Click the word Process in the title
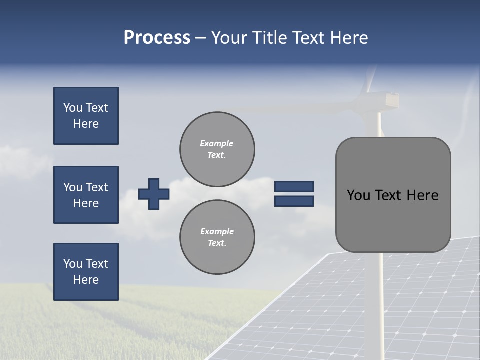pos(157,38)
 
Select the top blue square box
pos(86,116)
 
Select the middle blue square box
pos(86,195)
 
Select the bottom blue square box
pos(86,272)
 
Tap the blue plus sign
pos(154,194)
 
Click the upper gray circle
pos(217,149)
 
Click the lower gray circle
pos(217,237)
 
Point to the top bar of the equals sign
pos(294,186)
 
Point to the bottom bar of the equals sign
pos(294,201)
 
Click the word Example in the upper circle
pos(217,143)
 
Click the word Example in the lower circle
pos(217,231)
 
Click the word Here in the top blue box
pos(86,124)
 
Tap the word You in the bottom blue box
pos(73,264)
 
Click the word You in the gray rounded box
pos(358,195)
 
